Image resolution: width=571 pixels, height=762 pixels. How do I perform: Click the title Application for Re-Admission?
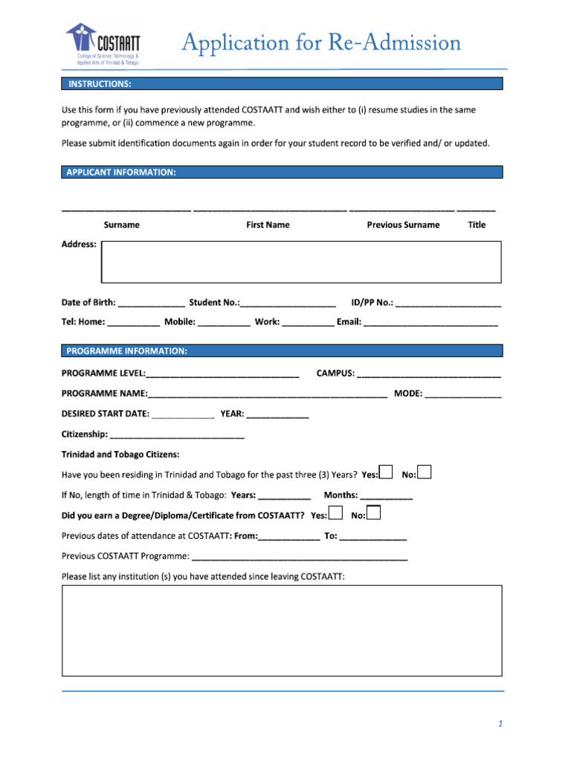tap(322, 42)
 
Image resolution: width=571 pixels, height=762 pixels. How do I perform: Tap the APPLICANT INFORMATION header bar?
tap(282, 172)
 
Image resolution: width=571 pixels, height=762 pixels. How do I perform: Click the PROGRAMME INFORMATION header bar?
tap(282, 350)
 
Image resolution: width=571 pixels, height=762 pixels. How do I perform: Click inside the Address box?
tap(301, 262)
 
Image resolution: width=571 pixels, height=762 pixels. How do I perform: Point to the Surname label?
tap(121, 225)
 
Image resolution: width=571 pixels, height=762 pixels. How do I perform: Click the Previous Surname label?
tap(403, 225)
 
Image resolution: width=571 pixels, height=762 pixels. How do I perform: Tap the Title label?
tap(477, 225)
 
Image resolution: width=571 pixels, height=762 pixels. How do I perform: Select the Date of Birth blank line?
tap(152, 304)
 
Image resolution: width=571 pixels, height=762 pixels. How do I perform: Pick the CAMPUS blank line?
tap(429, 374)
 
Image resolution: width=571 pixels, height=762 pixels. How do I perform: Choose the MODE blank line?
tap(463, 394)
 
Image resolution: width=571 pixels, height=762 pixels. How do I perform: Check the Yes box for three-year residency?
tap(386, 473)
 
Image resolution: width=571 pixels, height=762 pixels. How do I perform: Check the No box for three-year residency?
tap(425, 473)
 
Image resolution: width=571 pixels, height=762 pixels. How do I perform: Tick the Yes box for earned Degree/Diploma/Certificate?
tap(335, 513)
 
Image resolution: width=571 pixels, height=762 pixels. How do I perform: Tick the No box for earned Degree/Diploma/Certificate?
tap(374, 513)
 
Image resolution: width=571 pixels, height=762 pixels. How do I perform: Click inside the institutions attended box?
tap(282, 630)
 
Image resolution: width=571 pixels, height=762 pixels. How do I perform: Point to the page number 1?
tap(501, 724)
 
